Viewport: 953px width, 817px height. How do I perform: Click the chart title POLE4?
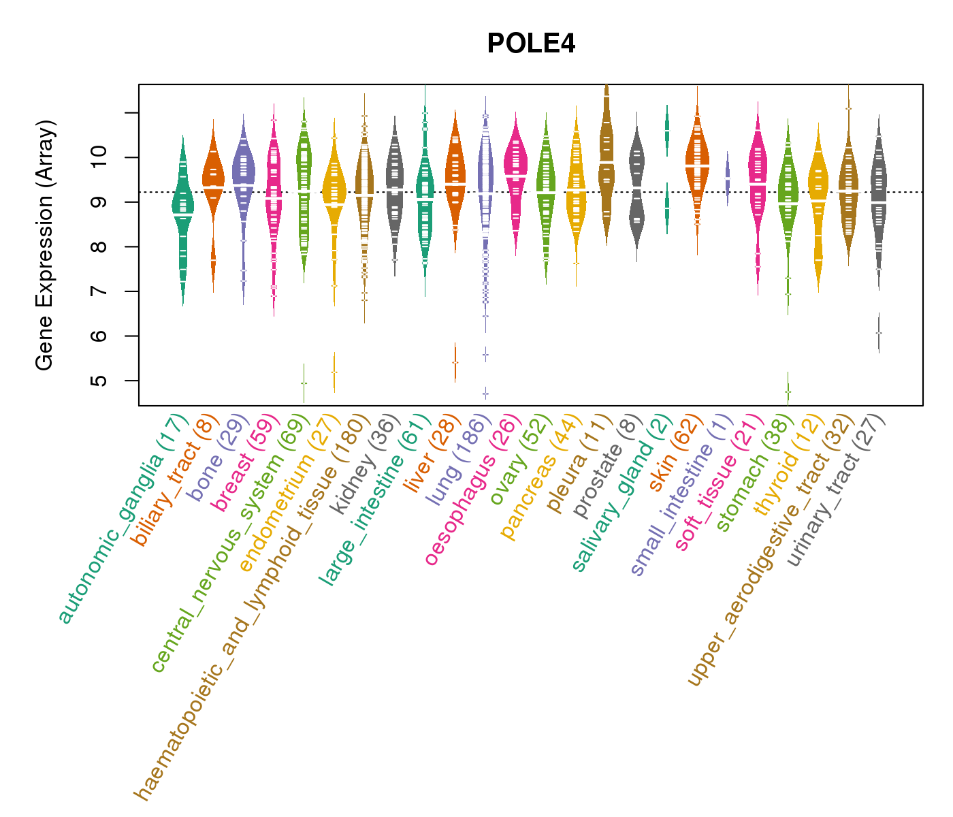click(x=531, y=44)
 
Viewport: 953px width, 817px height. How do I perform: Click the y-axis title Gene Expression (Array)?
click(x=45, y=245)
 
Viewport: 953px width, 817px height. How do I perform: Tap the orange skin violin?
click(x=697, y=163)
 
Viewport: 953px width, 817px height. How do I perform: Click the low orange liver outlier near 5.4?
click(x=455, y=362)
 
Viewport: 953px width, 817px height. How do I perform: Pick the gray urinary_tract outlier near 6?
click(x=879, y=333)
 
